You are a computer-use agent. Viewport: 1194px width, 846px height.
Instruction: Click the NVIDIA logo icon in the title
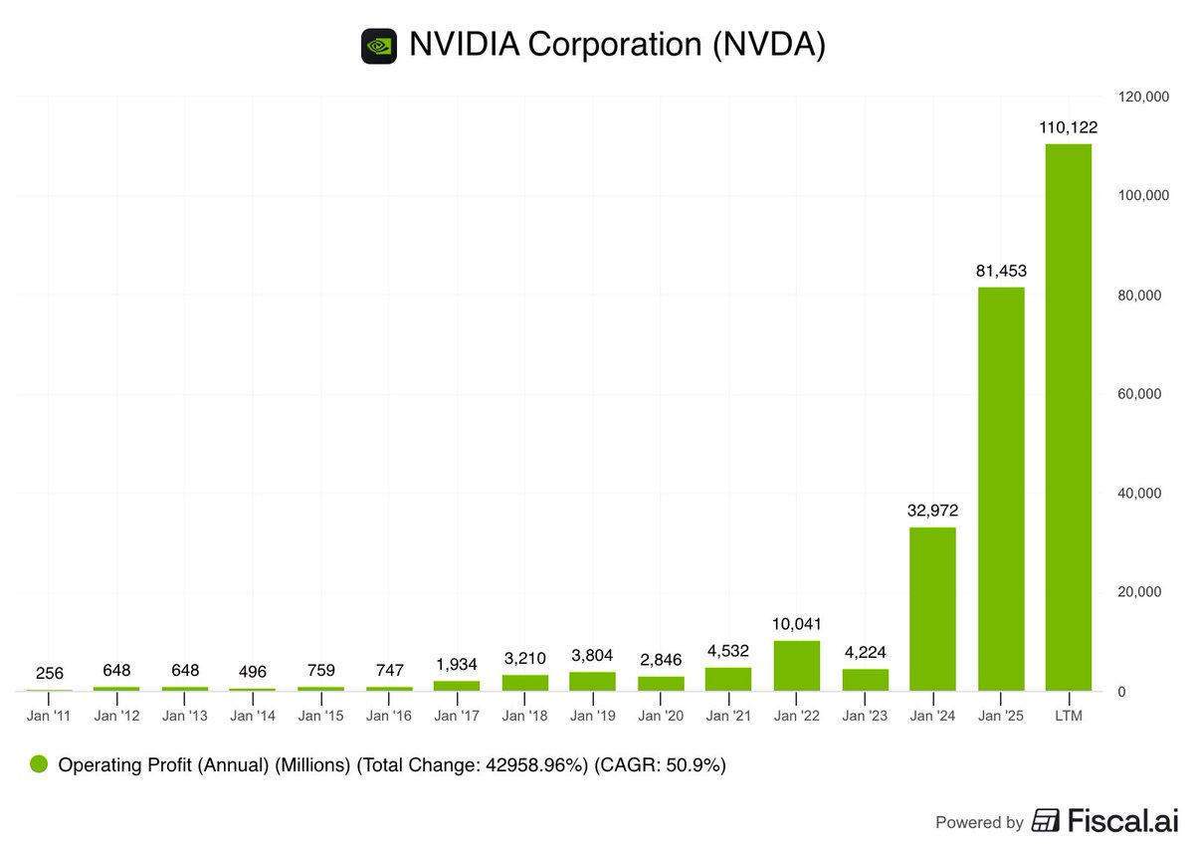[x=379, y=46]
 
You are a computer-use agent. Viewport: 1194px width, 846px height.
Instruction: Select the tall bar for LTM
[x=1069, y=418]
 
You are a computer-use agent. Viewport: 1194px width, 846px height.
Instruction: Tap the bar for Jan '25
[x=1000, y=488]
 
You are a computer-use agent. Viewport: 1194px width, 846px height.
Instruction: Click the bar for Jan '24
[x=932, y=609]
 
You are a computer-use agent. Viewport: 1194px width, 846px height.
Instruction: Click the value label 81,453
[x=1000, y=270]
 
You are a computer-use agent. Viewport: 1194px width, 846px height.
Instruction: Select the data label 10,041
[x=796, y=623]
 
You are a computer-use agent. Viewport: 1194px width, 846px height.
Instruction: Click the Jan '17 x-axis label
[x=456, y=715]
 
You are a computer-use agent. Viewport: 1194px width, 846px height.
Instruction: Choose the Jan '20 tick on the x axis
[x=660, y=715]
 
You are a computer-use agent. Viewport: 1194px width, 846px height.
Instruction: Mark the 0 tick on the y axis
[x=1120, y=692]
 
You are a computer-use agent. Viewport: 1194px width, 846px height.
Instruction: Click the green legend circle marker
[x=39, y=765]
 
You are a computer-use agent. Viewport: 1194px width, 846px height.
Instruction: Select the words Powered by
[x=979, y=823]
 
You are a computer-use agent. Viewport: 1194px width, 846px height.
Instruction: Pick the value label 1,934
[x=456, y=664]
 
